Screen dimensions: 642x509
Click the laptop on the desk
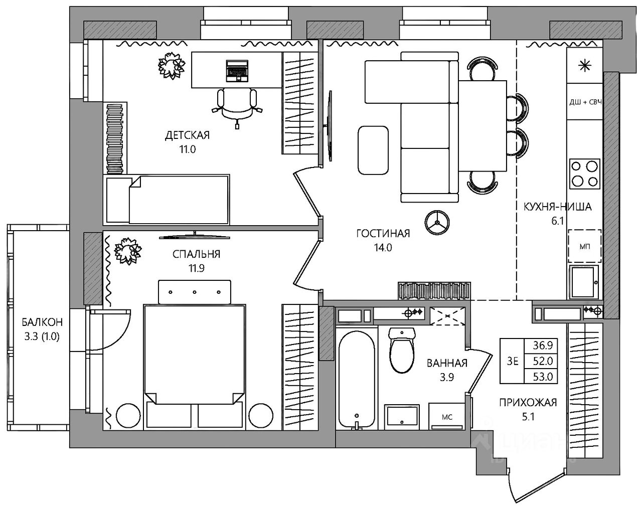coord(237,71)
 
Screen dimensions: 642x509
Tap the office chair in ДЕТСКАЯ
coord(237,108)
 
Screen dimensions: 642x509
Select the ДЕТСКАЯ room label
coord(188,135)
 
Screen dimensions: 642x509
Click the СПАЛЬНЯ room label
coord(196,254)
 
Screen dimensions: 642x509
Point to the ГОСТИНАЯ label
coord(383,233)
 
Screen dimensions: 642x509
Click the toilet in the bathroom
coord(402,350)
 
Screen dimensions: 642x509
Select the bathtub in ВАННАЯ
coord(357,380)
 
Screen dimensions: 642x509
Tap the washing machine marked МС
coord(446,416)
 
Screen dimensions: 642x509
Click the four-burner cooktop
coord(584,174)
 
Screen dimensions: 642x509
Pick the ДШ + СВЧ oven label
coord(585,102)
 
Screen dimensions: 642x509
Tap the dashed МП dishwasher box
coord(584,246)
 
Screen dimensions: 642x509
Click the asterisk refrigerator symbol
coord(584,66)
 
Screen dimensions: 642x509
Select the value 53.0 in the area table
coord(543,377)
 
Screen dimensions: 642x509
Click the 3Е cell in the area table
coord(513,361)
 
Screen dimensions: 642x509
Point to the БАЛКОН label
coord(42,322)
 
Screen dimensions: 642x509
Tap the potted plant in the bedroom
coord(128,250)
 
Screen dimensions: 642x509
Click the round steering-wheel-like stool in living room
coord(437,222)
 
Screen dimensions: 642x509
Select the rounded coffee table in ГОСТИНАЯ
coord(373,150)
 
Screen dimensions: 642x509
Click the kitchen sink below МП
coord(584,282)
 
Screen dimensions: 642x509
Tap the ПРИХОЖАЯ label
coord(528,403)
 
